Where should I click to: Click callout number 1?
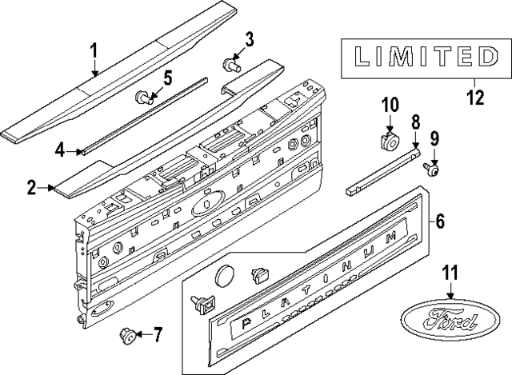(x=93, y=52)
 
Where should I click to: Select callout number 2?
(x=31, y=188)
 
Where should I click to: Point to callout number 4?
(x=59, y=149)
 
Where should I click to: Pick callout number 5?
(x=167, y=78)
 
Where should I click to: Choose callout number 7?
(x=157, y=332)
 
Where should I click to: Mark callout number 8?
(x=415, y=123)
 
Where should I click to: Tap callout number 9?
(x=434, y=139)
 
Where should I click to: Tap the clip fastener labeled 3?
(x=231, y=64)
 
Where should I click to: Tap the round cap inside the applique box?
(x=225, y=277)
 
